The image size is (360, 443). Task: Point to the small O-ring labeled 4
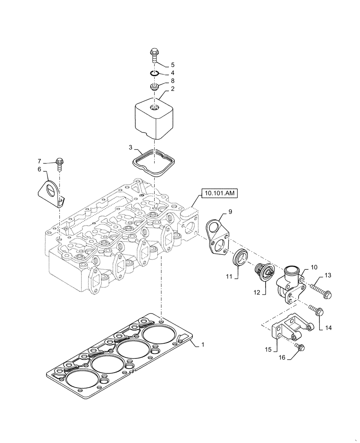(153, 74)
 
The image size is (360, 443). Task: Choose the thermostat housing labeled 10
(289, 284)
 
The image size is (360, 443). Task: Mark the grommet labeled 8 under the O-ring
(154, 85)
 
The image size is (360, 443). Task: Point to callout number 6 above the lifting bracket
(39, 169)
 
